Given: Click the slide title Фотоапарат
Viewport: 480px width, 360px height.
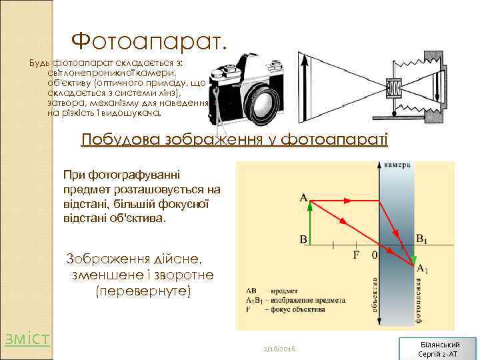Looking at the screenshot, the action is tap(149, 41).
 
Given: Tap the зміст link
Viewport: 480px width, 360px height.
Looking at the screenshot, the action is tap(27, 338).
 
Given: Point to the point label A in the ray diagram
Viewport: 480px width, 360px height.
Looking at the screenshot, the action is tap(304, 198).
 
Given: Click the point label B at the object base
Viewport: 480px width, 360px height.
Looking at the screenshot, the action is tap(303, 239).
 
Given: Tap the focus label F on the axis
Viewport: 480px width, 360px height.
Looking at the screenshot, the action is tap(356, 255).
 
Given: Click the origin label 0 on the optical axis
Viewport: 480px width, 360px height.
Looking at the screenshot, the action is tap(374, 255).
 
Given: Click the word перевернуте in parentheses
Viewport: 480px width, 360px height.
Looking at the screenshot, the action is tap(143, 291).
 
